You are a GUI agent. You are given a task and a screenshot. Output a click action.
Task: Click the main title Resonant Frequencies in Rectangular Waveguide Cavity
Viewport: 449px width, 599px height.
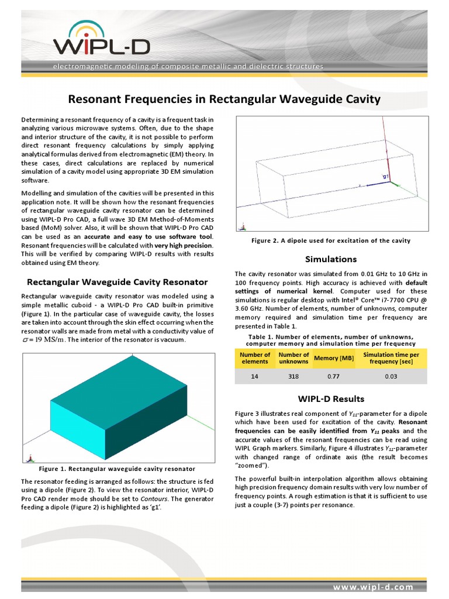click(224, 99)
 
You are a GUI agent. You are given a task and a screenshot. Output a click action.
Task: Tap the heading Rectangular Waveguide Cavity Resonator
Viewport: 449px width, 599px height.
click(118, 281)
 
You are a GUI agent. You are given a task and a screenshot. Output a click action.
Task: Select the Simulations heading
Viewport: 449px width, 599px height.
click(331, 259)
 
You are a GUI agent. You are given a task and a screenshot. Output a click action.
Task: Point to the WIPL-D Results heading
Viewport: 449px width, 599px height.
click(331, 399)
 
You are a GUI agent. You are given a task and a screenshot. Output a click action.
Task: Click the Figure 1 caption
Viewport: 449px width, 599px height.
click(117, 469)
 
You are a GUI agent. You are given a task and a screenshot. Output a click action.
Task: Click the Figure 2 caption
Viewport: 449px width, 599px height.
click(331, 240)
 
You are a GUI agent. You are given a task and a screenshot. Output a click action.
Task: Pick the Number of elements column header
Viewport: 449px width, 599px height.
click(255, 358)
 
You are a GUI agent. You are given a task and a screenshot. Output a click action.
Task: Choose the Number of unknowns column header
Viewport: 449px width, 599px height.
click(293, 358)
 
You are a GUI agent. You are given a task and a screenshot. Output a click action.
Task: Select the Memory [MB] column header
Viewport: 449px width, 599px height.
click(334, 358)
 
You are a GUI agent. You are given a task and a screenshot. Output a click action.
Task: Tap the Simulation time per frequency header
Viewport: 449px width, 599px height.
click(391, 358)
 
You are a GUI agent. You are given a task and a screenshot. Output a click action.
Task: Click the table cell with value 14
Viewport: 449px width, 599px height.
click(255, 377)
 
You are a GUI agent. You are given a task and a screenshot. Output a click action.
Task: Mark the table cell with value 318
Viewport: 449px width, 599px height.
click(293, 377)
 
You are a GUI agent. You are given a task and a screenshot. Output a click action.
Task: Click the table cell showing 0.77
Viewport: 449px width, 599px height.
click(334, 377)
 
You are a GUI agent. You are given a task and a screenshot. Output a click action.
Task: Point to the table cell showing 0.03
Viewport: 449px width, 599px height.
click(391, 377)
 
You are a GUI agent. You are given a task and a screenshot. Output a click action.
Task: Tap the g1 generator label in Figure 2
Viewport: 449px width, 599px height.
click(385, 175)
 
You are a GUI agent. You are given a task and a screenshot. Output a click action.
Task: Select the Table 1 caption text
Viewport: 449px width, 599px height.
click(331, 340)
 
